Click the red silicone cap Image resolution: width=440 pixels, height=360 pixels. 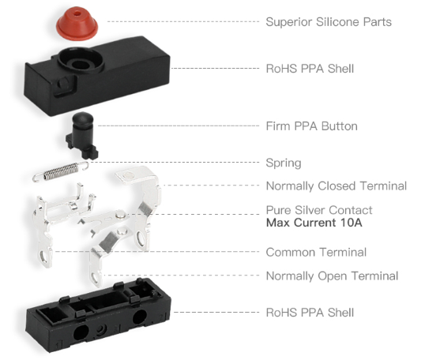[77, 24]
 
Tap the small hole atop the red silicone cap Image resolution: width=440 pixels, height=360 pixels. [77, 13]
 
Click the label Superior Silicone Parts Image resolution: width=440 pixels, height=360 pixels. [329, 22]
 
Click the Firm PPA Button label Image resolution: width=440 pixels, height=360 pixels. [311, 126]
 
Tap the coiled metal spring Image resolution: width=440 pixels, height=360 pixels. [60, 171]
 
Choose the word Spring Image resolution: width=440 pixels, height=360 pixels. [284, 163]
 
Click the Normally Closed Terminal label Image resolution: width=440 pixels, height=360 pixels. [337, 186]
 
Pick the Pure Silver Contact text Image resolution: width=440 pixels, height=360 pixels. [319, 210]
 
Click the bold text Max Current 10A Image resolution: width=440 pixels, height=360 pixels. [314, 223]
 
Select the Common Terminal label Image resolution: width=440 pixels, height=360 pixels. [316, 252]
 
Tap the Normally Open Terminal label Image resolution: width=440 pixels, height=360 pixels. [332, 276]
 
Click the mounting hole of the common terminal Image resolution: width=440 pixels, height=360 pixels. [44, 256]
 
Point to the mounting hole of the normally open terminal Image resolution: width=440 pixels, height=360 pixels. [94, 278]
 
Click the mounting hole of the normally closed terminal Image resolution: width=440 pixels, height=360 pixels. [141, 238]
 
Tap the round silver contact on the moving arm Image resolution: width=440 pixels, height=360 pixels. [120, 215]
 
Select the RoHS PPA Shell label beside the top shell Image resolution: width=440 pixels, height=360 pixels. [310, 69]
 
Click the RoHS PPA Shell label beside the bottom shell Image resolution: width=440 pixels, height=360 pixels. [310, 313]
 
